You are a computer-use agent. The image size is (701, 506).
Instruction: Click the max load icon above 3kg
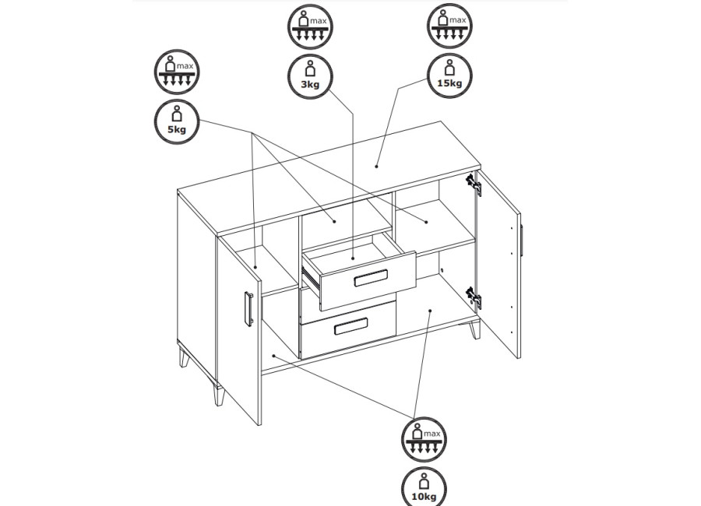310,26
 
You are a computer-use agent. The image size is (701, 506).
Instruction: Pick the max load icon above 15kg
449,26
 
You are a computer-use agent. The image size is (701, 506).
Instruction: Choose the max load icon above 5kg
177,72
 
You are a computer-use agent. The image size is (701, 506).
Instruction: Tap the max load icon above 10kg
424,439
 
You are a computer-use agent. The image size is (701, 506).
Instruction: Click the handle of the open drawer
371,278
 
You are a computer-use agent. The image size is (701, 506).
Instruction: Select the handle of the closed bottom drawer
351,326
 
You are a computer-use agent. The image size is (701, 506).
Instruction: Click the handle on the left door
249,308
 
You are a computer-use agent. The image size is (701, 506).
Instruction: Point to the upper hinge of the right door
474,184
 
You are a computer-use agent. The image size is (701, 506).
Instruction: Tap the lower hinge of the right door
474,298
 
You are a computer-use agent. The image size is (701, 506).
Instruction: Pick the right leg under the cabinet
474,329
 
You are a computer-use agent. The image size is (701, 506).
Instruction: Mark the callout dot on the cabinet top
376,167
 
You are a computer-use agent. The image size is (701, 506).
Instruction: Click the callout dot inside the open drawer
353,258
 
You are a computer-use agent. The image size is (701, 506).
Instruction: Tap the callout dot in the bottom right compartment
430,310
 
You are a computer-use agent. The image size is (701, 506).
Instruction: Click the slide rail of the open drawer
311,277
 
